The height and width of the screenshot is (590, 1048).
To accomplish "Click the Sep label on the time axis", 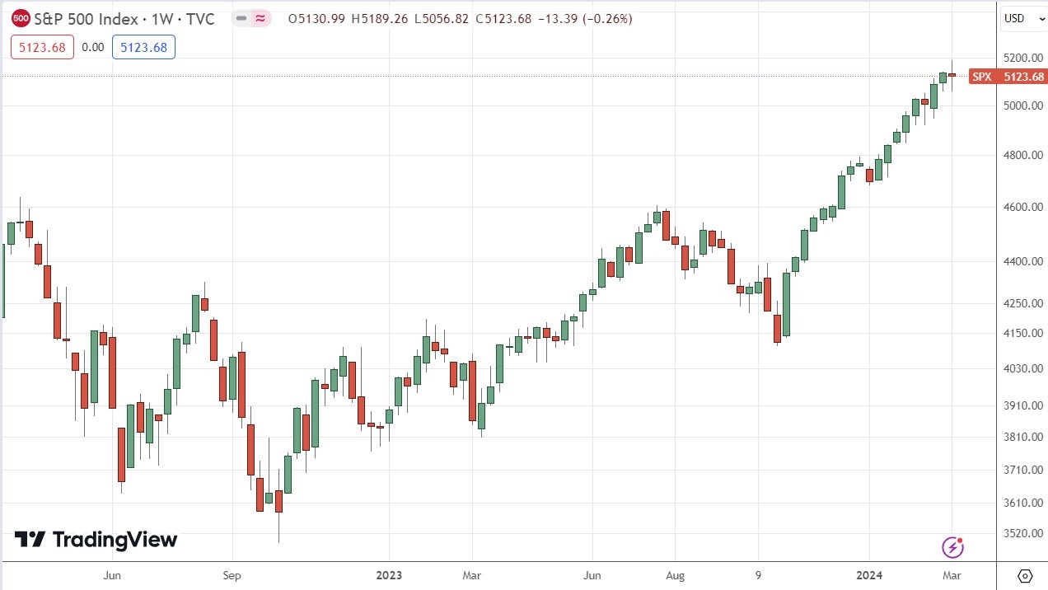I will tap(232, 574).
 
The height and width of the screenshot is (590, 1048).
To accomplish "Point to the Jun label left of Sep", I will tap(113, 574).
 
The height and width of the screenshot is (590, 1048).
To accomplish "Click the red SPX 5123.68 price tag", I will tap(1007, 77).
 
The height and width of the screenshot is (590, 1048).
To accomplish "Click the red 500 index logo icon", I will tap(21, 18).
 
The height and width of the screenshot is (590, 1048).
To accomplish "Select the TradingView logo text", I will tap(96, 540).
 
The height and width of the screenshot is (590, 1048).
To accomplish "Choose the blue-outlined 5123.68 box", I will tap(143, 48).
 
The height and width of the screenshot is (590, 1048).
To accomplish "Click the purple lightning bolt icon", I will tap(952, 547).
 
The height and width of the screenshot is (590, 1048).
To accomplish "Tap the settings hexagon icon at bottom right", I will tap(1025, 575).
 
